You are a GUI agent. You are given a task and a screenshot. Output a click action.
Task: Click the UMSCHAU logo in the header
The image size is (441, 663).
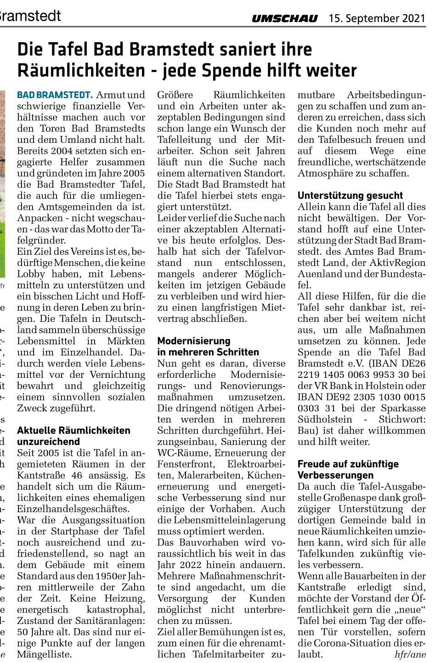pos(284,18)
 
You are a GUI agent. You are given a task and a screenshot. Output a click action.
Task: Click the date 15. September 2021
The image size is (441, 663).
pos(377,18)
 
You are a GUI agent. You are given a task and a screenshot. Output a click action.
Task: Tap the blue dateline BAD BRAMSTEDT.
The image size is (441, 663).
pos(55,95)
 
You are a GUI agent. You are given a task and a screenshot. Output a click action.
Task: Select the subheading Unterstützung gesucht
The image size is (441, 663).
pos(350,196)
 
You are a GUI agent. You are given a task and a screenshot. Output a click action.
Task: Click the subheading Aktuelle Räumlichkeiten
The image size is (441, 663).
pos(73,431)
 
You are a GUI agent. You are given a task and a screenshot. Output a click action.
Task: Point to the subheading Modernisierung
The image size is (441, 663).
pos(194,341)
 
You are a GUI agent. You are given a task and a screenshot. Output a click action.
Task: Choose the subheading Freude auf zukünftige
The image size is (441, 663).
pos(348,464)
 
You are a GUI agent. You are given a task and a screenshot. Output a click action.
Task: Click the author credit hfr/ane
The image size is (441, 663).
pos(410,655)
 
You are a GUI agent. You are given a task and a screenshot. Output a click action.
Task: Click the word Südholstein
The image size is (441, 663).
pos(325,420)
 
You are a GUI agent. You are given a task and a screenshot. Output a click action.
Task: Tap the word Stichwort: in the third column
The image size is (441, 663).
pos(402,420)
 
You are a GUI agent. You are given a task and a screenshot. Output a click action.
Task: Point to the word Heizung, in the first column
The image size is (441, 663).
pos(124,599)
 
